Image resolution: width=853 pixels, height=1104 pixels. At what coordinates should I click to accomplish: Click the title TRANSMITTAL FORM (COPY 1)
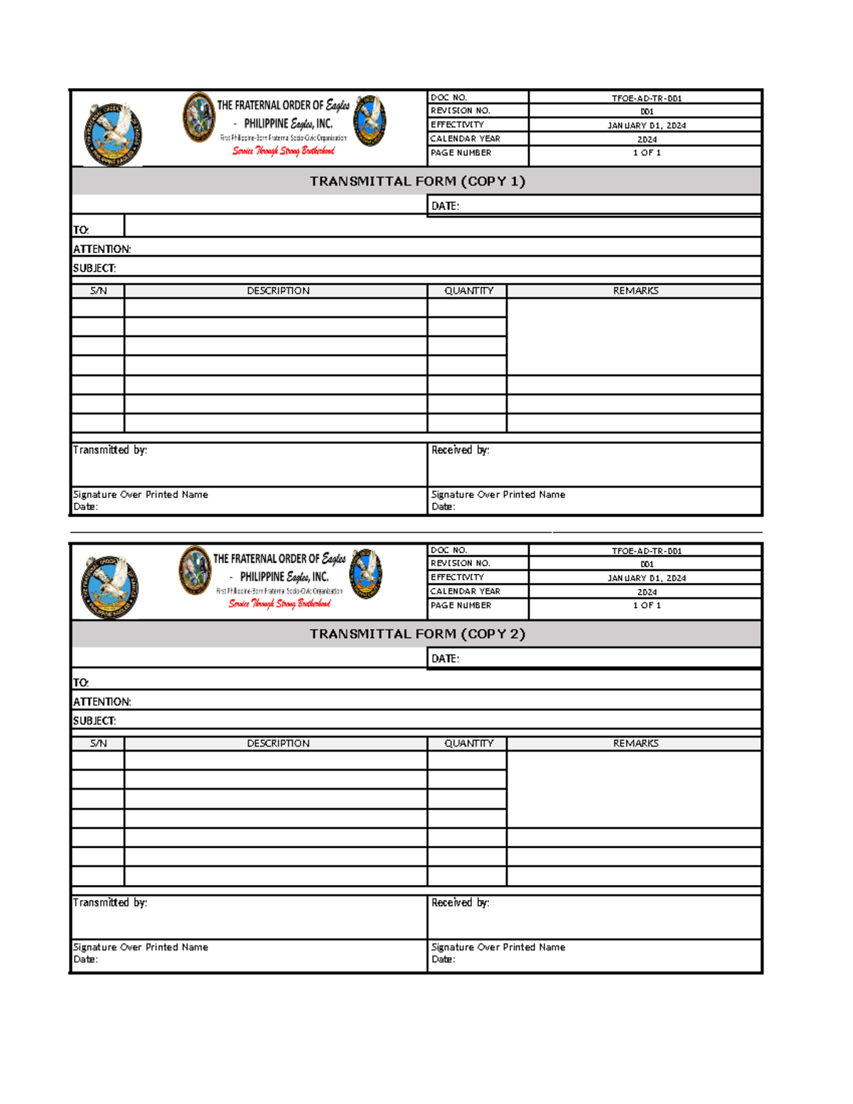pos(417,181)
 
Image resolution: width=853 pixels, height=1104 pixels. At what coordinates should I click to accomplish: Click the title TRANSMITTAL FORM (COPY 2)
pos(417,634)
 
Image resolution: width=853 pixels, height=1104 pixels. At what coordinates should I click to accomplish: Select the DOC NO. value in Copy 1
pos(646,98)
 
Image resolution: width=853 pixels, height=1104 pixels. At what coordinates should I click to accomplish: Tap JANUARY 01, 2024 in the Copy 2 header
pos(646,578)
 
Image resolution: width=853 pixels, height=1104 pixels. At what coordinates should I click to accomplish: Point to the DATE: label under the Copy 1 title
pos(445,206)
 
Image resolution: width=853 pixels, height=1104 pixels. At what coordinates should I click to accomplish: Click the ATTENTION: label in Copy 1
pos(102,249)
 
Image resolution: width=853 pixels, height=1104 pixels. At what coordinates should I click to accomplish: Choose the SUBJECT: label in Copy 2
pos(94,721)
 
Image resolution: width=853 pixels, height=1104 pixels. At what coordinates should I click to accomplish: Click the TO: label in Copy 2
pos(80,682)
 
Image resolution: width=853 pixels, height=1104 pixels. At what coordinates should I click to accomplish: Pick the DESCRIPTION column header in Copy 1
pos(278,291)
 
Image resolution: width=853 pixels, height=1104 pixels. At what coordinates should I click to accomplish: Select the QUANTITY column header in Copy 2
pos(468,744)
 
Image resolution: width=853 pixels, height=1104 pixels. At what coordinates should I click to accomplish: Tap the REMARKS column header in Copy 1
pos(635,291)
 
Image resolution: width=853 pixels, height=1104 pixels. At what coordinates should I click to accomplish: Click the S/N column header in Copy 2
pos(98,744)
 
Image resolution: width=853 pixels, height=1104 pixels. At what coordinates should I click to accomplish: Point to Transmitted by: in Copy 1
pos(109,450)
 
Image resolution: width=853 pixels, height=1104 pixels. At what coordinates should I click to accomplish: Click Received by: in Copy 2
pos(460,903)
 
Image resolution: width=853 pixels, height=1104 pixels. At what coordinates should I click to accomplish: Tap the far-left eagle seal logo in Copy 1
pos(112,134)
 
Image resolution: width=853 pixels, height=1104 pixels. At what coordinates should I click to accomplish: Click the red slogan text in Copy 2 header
pos(279,604)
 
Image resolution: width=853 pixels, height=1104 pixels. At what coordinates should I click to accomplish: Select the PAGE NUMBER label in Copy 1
pos(461,153)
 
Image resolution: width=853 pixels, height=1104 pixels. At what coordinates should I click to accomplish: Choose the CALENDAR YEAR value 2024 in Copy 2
pos(646,592)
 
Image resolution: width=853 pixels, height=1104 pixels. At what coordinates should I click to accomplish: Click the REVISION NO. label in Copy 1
pos(460,111)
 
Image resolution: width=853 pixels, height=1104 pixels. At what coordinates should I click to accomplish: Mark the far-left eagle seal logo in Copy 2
pos(109,587)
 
